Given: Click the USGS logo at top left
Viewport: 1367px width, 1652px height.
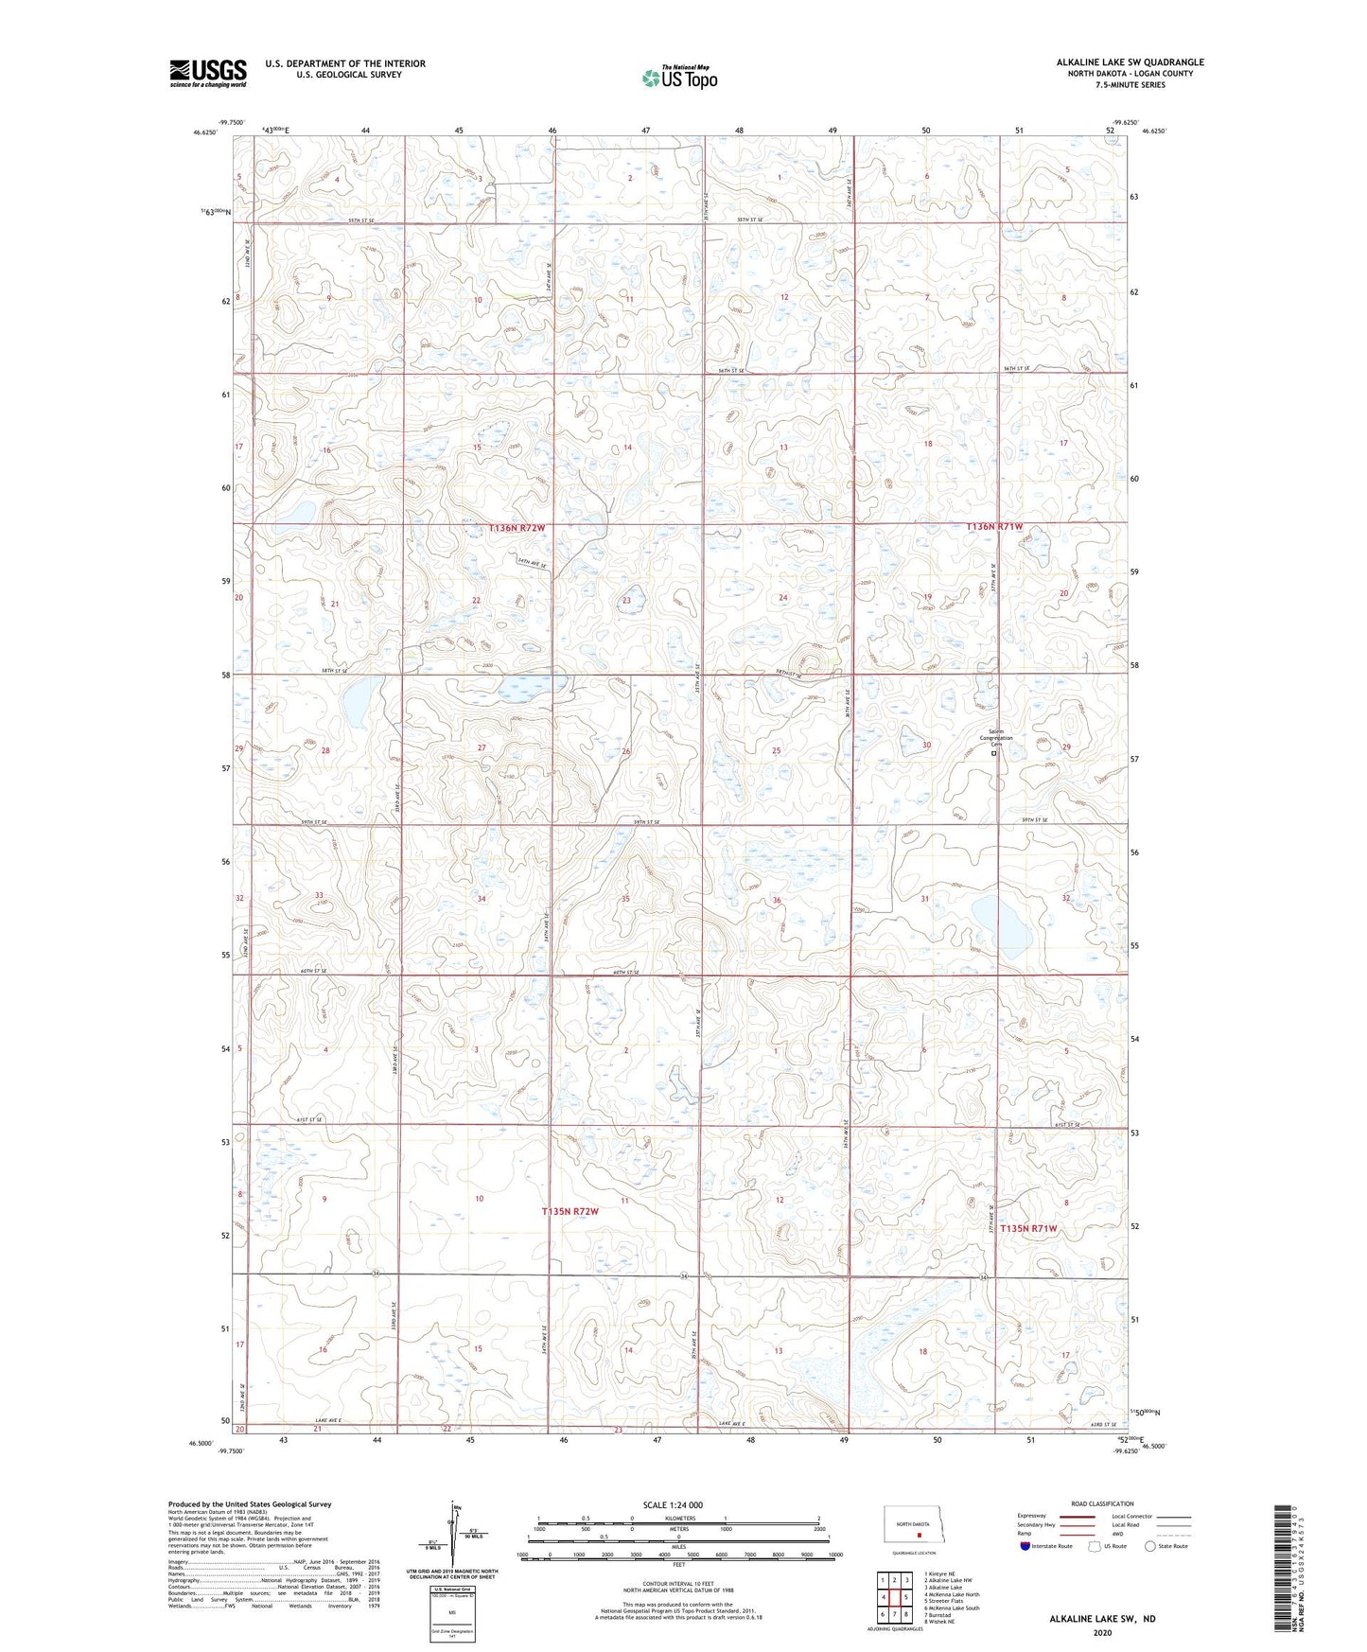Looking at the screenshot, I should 207,73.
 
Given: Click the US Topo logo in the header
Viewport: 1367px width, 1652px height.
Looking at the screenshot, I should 678,78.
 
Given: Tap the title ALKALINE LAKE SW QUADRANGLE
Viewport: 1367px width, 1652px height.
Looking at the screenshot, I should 1130,62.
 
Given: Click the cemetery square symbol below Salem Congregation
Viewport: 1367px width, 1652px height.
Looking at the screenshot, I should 994,753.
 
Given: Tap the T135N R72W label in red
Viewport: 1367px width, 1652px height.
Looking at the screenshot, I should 570,1211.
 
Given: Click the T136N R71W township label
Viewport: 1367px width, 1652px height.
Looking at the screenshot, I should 994,527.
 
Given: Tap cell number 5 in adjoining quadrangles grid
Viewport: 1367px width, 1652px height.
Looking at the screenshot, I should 905,1597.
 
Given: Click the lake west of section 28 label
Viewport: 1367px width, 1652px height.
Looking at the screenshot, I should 358,701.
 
